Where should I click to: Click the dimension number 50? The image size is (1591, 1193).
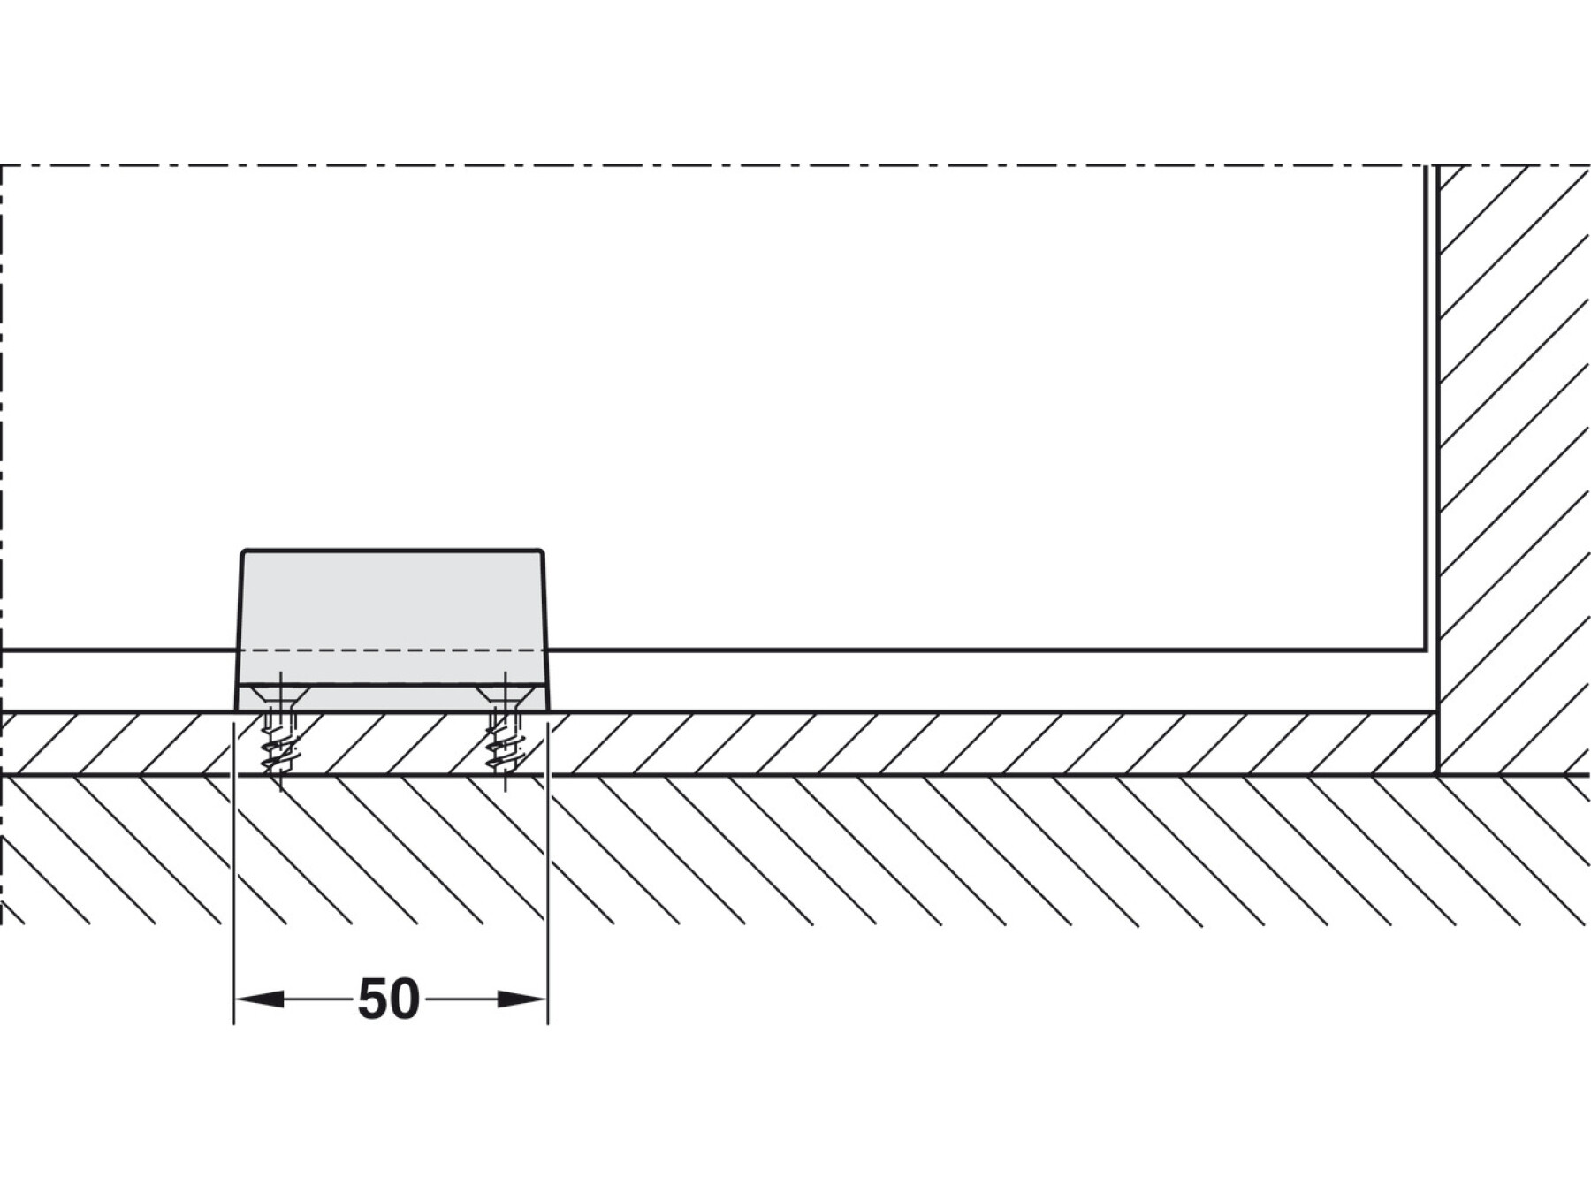point(388,999)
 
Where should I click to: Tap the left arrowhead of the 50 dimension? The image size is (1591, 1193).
point(258,999)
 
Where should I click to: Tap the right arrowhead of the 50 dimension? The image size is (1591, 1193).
point(523,999)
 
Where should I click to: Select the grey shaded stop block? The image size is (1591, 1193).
point(392,610)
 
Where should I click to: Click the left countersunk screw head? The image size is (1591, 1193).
point(280,695)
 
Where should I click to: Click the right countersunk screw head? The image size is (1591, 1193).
point(505,695)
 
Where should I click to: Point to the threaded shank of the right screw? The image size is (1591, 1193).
point(505,747)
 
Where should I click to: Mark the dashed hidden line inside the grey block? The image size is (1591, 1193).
point(392,650)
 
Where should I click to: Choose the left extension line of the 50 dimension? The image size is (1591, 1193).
point(233,884)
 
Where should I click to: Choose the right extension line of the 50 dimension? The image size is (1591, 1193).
point(548,884)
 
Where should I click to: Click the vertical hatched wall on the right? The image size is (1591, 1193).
point(1513,442)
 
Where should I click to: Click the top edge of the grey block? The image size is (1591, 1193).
point(392,550)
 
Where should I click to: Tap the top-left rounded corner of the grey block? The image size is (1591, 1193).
point(245,552)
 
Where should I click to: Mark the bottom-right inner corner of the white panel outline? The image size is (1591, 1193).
point(1425,649)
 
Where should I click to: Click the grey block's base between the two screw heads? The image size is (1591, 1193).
point(392,698)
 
